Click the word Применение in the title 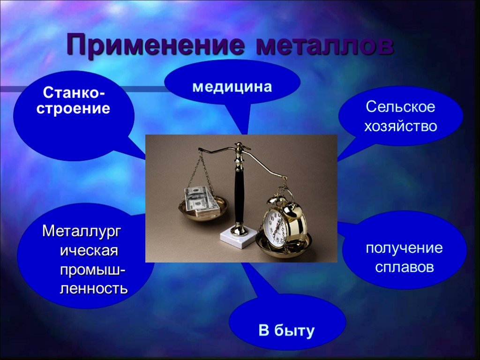tap(156, 45)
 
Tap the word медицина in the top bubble tap(232, 87)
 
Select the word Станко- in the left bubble tap(74, 92)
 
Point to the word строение tap(73, 109)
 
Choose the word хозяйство tap(400, 126)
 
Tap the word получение tap(404, 248)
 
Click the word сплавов tap(405, 267)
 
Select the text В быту tap(286, 330)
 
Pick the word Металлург tap(82, 231)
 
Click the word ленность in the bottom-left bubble tap(93, 288)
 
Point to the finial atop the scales tap(240, 145)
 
